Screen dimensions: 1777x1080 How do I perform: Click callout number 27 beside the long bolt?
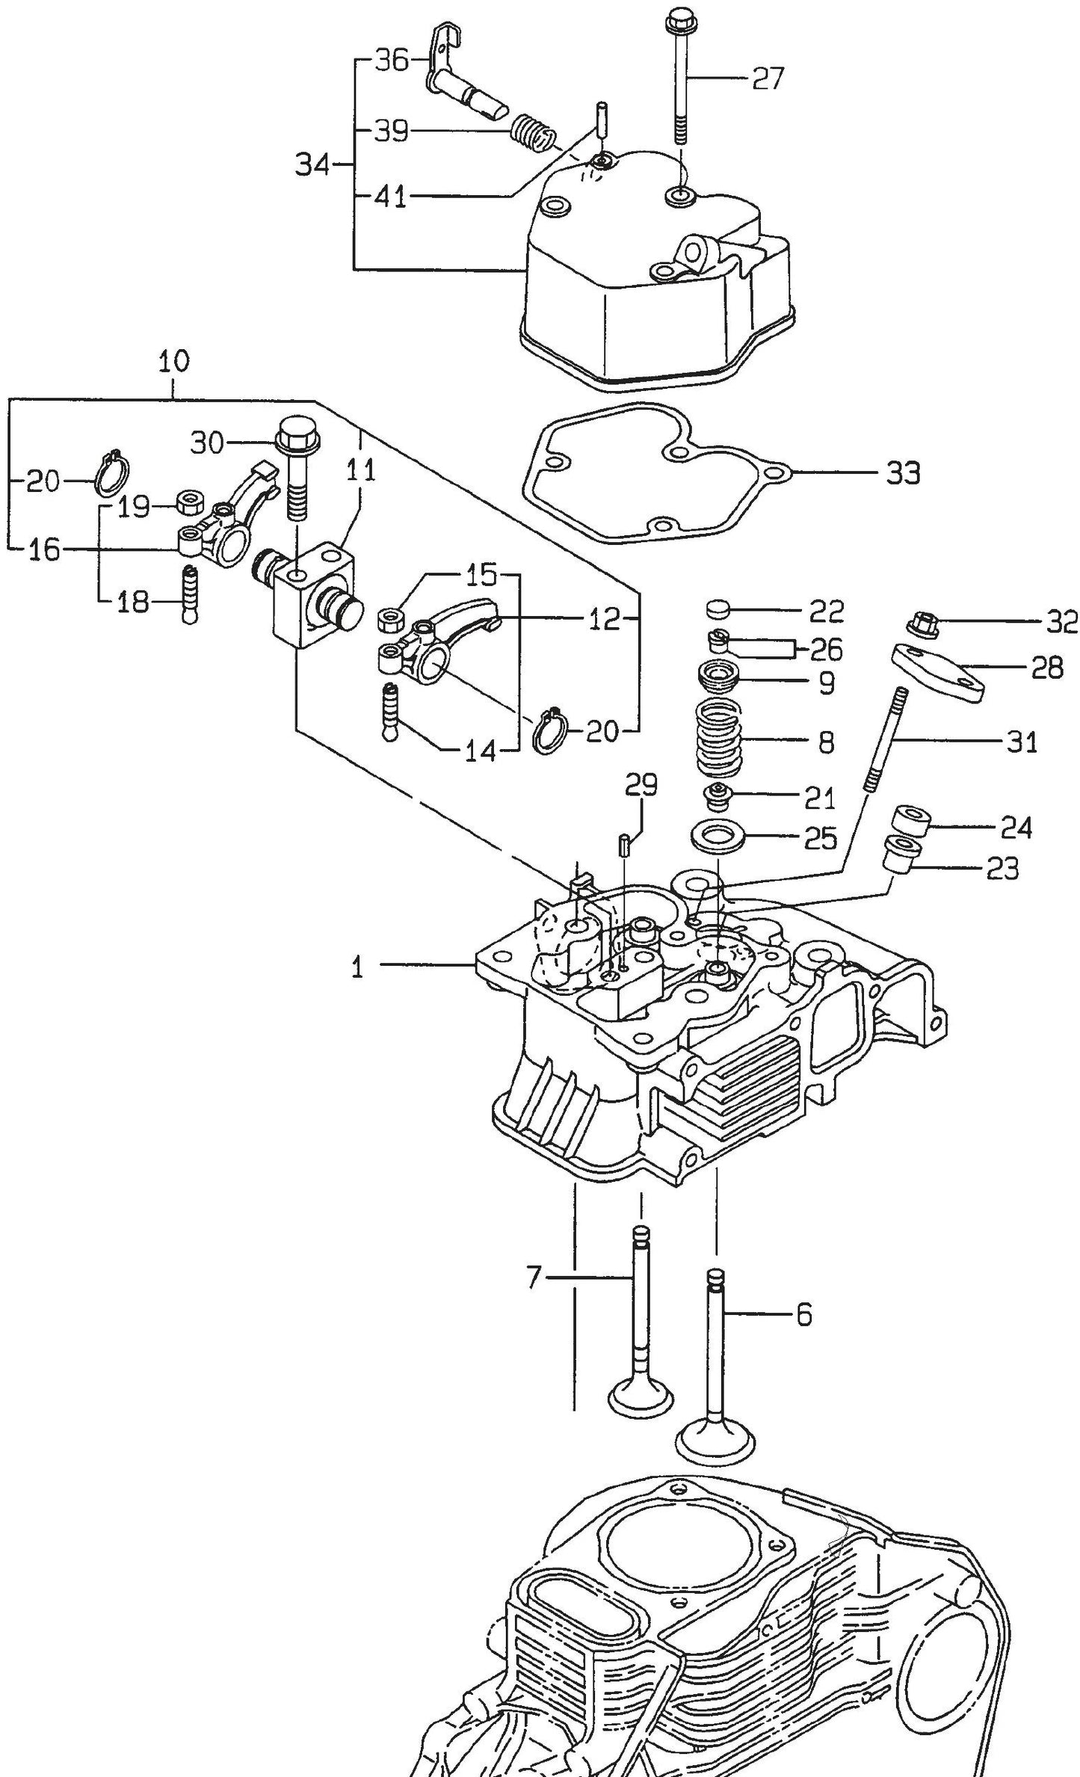click(x=768, y=78)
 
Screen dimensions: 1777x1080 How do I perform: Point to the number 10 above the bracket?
click(x=173, y=362)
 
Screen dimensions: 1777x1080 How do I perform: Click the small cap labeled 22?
click(x=718, y=609)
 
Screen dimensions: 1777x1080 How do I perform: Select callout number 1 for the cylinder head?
click(x=358, y=968)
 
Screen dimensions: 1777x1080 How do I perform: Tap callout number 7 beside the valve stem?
click(x=532, y=1276)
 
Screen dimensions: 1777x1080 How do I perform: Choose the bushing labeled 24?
click(x=911, y=820)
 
